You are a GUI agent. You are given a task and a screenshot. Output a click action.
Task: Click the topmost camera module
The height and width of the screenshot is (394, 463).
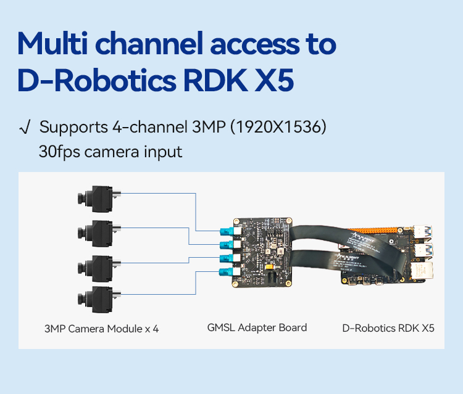click(x=99, y=199)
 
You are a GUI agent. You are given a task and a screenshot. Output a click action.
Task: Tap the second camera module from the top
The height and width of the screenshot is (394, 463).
click(x=99, y=233)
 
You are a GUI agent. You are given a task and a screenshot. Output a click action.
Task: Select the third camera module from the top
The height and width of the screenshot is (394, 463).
click(x=99, y=268)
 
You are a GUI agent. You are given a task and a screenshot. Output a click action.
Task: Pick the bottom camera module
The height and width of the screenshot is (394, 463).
click(x=99, y=299)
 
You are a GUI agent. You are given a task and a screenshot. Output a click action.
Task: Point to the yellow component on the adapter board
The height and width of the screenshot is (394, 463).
click(x=269, y=267)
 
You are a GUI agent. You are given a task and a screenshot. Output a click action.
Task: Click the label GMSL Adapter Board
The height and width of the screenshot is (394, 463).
click(x=257, y=327)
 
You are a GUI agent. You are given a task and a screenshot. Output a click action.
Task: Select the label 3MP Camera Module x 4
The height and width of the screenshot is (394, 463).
click(x=102, y=329)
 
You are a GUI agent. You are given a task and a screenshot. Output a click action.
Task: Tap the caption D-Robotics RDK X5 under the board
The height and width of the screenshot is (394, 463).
click(x=388, y=328)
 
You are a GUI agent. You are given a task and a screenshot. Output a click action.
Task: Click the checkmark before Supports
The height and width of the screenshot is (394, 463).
click(x=25, y=128)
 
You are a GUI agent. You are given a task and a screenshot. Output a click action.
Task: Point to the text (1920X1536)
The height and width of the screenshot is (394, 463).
click(x=278, y=127)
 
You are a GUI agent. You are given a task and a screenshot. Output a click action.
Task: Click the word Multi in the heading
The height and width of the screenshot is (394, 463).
click(x=52, y=43)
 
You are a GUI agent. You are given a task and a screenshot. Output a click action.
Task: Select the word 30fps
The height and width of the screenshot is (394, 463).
click(x=59, y=152)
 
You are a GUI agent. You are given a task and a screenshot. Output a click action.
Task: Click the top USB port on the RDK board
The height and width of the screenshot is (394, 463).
click(x=423, y=231)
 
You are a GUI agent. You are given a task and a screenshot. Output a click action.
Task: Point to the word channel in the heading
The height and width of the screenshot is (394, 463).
click(x=149, y=44)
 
